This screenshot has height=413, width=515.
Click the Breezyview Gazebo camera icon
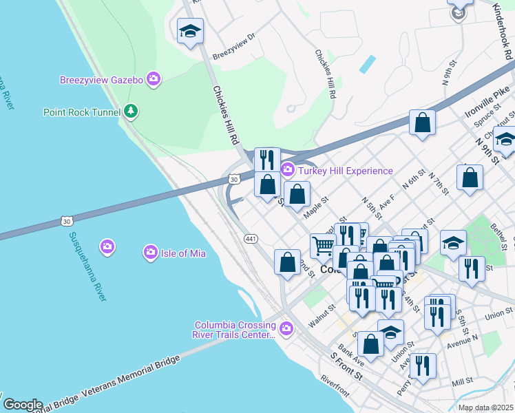154,80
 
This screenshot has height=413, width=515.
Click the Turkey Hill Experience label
345,171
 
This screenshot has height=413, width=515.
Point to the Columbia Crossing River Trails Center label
235,330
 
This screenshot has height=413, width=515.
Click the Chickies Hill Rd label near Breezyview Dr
225,114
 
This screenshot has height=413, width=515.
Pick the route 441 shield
251,237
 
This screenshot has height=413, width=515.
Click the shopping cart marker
323,245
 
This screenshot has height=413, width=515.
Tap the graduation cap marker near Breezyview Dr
190,31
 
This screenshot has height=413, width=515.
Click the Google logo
22,404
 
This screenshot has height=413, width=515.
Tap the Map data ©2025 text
485,407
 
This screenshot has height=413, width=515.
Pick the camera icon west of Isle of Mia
107,246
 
